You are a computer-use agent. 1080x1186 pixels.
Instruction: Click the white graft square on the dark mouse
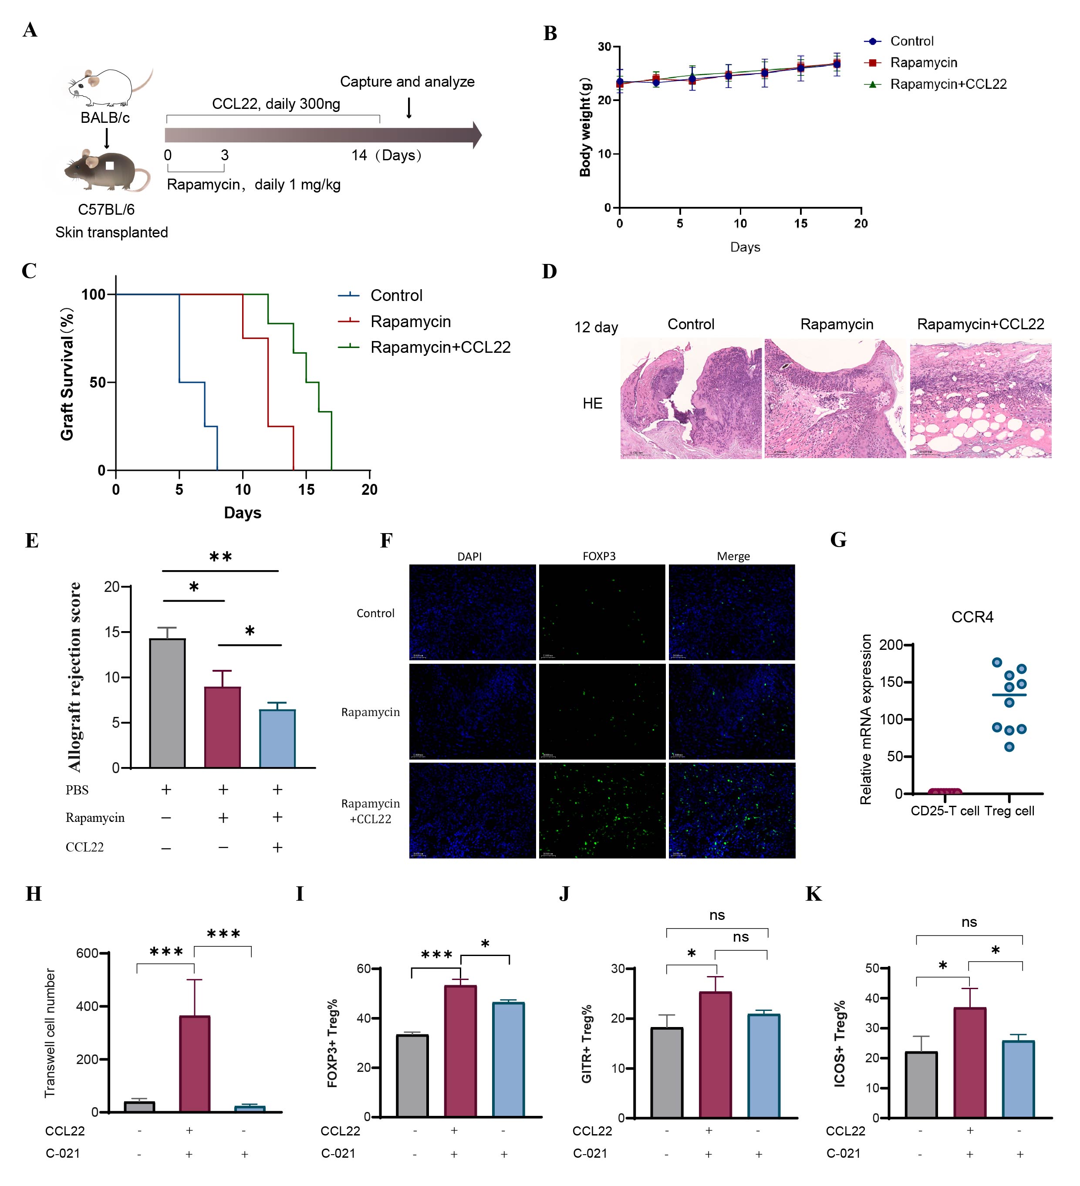(109, 166)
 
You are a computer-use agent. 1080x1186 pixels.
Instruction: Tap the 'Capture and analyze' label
(407, 82)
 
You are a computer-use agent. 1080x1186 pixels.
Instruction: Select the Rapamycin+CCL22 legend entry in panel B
(948, 84)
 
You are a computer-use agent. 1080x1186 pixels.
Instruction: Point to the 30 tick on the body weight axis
(604, 47)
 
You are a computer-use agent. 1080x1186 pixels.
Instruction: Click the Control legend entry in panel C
(396, 295)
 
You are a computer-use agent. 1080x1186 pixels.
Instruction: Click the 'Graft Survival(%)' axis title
(67, 374)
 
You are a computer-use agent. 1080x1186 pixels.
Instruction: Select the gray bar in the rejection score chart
(168, 703)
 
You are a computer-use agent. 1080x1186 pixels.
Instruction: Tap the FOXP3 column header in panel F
(599, 556)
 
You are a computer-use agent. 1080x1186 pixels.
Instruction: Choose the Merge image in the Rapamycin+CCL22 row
(732, 811)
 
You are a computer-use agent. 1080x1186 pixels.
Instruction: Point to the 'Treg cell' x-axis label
(1009, 811)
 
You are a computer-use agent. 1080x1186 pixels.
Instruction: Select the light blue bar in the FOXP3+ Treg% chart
(508, 1060)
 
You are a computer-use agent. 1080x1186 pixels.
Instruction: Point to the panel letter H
(34, 894)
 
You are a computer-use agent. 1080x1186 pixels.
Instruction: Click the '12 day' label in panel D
(596, 327)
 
